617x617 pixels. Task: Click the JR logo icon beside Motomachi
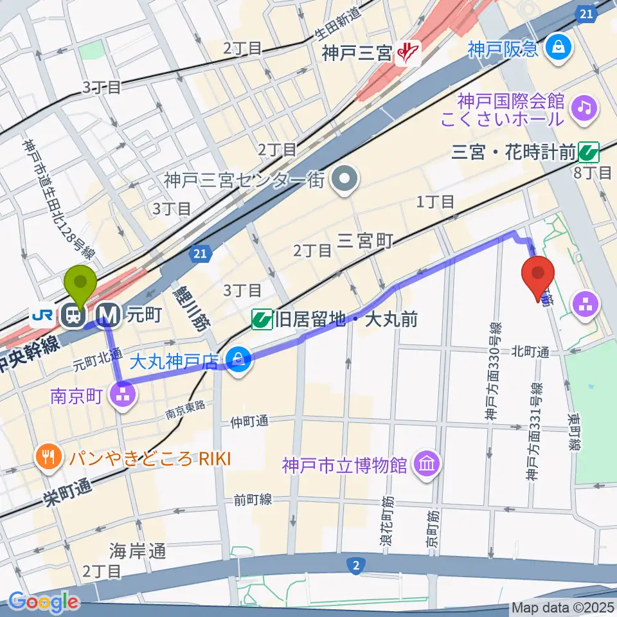(x=45, y=315)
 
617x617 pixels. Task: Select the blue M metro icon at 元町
(x=109, y=315)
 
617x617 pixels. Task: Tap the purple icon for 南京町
(x=123, y=392)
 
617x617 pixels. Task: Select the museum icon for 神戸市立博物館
(x=426, y=464)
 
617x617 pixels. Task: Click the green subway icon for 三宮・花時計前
(x=588, y=152)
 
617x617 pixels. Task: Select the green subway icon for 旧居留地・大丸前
(x=261, y=319)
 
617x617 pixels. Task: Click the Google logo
(x=44, y=602)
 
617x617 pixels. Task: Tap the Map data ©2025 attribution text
(x=562, y=607)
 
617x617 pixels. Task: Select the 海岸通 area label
(x=138, y=551)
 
